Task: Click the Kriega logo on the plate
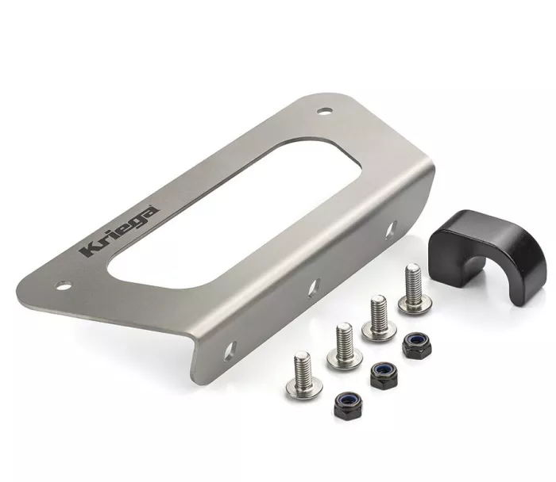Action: [x=118, y=231]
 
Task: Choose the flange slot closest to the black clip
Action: [x=390, y=230]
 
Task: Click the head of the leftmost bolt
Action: [x=301, y=388]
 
